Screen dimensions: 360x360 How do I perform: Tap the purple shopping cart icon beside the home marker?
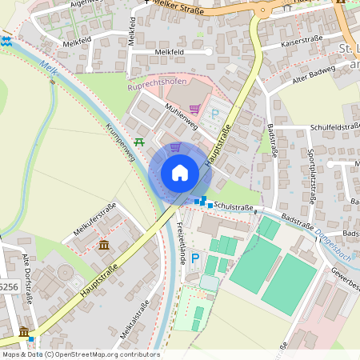175,148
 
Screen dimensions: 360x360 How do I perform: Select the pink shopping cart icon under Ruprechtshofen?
194,109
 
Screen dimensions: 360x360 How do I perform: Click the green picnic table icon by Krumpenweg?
139,142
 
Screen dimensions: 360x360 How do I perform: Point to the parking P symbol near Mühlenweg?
214,114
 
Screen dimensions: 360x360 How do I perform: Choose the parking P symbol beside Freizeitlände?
194,278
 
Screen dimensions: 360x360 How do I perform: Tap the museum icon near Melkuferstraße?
104,244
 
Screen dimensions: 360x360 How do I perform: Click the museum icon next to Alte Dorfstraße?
24,332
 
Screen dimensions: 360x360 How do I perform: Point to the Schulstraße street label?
234,208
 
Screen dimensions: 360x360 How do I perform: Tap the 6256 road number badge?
8,286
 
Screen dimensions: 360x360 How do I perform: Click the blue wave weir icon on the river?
6,41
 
